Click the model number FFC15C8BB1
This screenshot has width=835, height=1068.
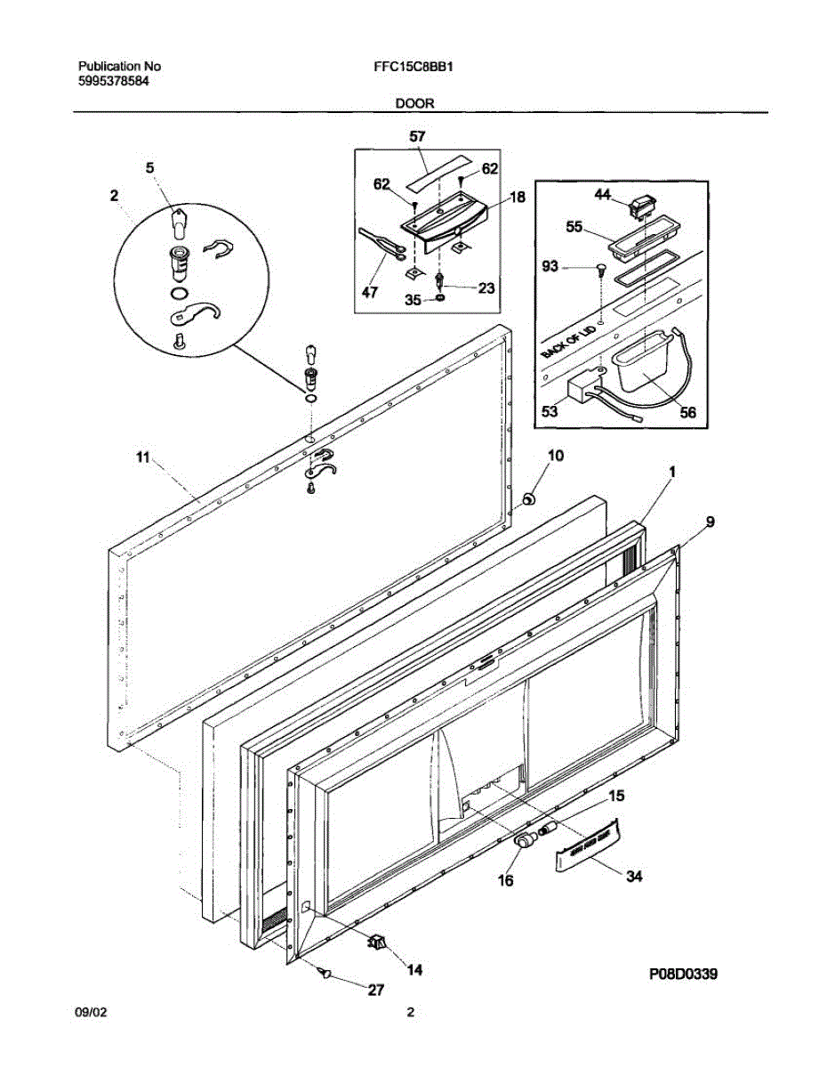coord(415,66)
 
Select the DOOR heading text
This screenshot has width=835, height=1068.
coord(415,103)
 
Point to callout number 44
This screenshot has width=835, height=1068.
coord(603,194)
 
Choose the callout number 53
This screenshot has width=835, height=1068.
coord(550,412)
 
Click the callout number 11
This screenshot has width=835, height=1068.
coord(141,457)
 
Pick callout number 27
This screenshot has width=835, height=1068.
coord(377,990)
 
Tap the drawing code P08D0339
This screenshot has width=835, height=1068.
coord(682,975)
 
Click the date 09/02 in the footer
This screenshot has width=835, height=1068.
coord(92,1012)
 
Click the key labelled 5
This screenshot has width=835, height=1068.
coord(178,220)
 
